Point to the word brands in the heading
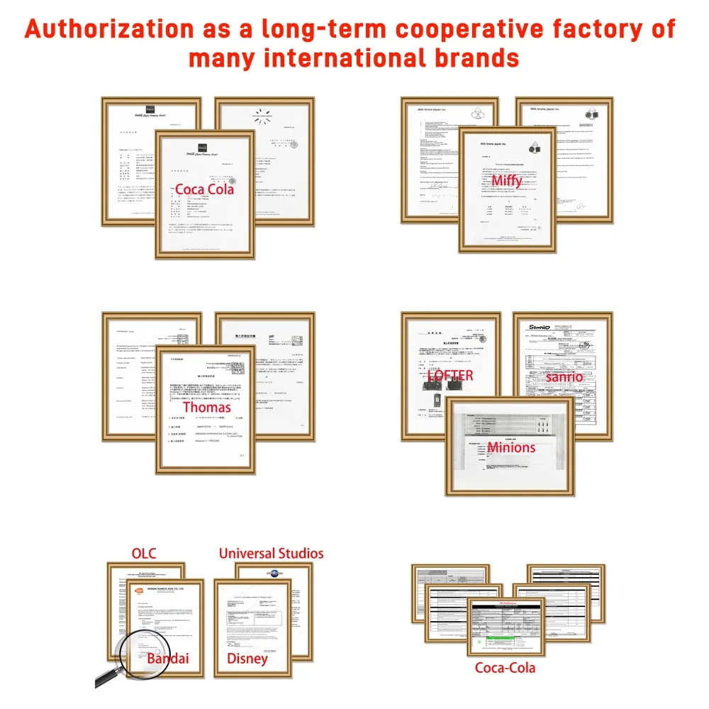(471, 57)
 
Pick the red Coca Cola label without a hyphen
(204, 189)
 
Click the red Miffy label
(507, 181)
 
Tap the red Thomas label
(207, 408)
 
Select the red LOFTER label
(450, 376)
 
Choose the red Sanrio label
(564, 376)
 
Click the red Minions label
(510, 447)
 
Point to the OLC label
(144, 553)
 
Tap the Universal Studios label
(271, 553)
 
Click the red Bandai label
(168, 659)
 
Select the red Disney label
(247, 659)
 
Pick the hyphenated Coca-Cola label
(506, 667)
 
